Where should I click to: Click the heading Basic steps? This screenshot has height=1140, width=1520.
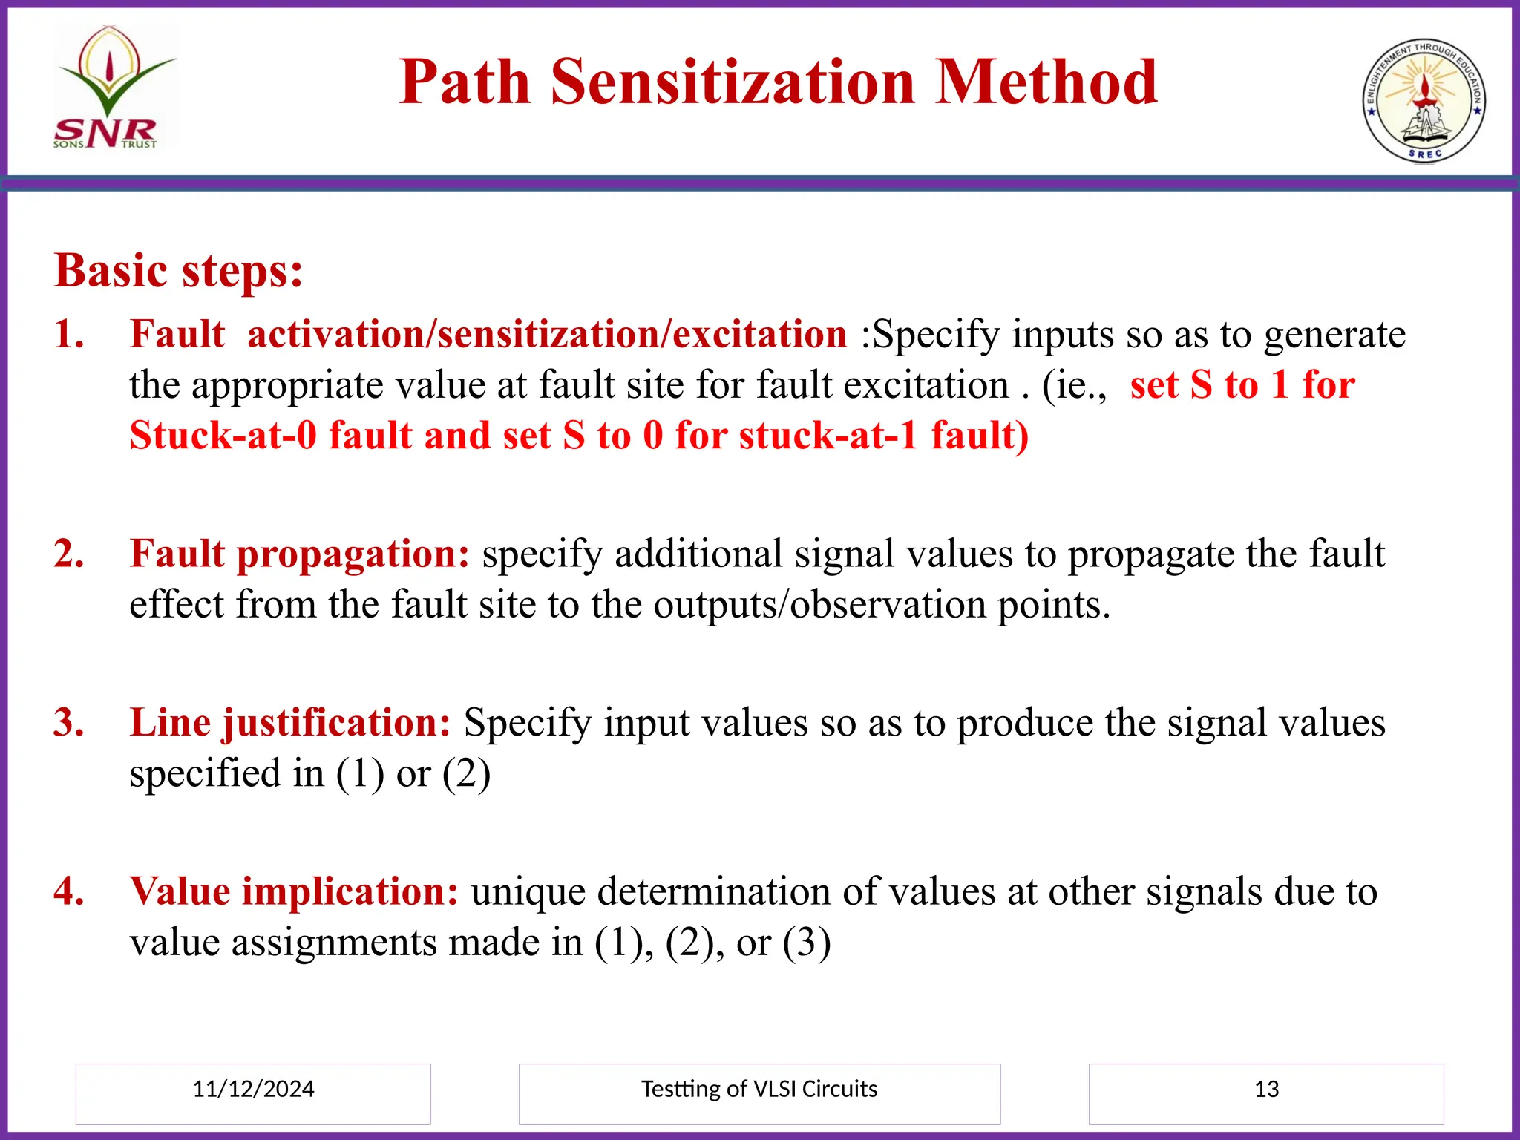coord(178,270)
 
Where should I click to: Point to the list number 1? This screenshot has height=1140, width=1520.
coord(69,334)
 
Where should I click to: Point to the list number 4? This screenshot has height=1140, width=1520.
coord(69,891)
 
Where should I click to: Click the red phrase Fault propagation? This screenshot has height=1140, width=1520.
coord(299,554)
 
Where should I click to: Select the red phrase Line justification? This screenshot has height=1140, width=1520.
coord(290,722)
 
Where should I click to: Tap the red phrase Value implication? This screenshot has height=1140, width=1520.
coord(294,891)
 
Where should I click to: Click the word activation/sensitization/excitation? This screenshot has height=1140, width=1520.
coord(547,334)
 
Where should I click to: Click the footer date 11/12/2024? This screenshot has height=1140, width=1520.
coord(253,1089)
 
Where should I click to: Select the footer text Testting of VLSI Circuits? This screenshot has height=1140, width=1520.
coord(759,1089)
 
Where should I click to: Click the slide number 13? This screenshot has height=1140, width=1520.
coord(1266,1089)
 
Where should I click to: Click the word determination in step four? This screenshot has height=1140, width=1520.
coord(713,891)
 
